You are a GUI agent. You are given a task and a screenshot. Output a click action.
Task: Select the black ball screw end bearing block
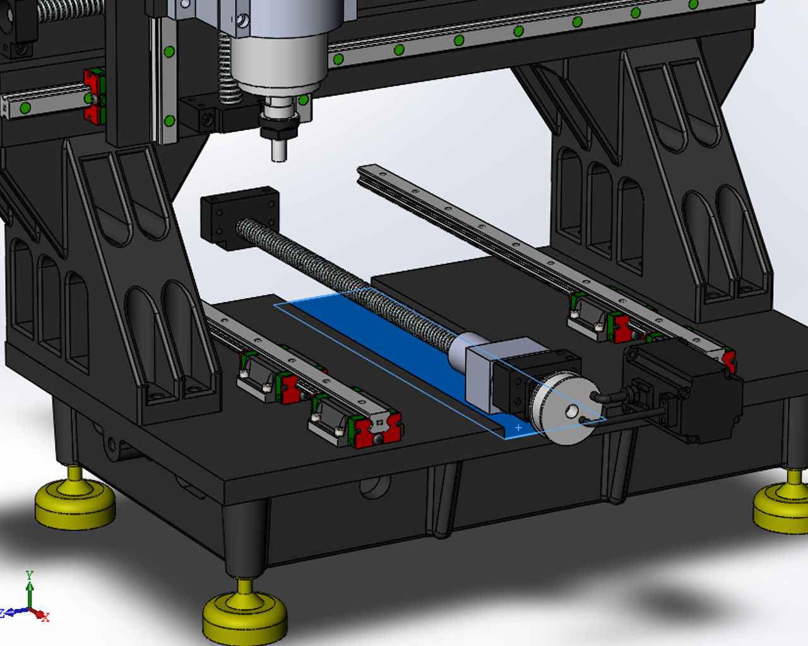click(x=240, y=218)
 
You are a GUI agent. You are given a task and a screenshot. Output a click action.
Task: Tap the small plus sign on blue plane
click(x=518, y=428)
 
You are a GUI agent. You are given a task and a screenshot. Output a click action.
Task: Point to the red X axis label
click(x=46, y=617)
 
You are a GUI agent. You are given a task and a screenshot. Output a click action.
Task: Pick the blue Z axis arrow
click(x=15, y=612)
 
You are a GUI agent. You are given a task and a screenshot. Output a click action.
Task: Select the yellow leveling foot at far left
click(x=75, y=497)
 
